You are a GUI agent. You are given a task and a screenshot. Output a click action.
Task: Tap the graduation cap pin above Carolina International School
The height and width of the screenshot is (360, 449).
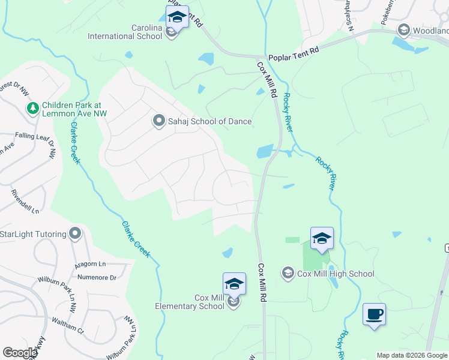pyautogui.click(x=177, y=17)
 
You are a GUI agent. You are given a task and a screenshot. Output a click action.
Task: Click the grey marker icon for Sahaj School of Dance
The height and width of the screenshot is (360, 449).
pyautogui.click(x=159, y=121)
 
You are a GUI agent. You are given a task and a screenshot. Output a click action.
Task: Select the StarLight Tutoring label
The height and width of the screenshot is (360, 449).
pyautogui.click(x=34, y=233)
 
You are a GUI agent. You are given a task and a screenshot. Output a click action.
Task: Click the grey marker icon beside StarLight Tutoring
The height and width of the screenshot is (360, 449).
pyautogui.click(x=75, y=233)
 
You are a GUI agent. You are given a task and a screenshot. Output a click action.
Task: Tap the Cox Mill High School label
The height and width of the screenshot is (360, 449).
pyautogui.click(x=336, y=274)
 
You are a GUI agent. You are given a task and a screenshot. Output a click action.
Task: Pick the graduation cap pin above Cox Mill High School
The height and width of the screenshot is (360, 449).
pyautogui.click(x=322, y=238)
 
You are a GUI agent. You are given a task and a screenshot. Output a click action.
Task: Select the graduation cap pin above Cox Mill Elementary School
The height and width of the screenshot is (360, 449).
pyautogui.click(x=234, y=284)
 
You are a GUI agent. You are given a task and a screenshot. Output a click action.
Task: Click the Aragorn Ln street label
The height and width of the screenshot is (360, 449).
pyautogui.click(x=90, y=265)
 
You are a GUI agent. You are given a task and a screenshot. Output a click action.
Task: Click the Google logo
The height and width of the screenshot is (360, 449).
pyautogui.click(x=20, y=353)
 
